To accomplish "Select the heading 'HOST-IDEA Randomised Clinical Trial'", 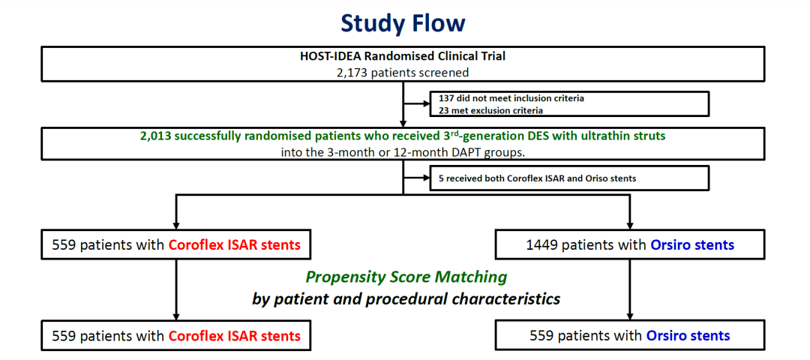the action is (x=403, y=56).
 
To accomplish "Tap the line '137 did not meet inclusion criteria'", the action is (x=511, y=98).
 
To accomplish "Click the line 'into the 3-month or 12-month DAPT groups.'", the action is (x=403, y=153).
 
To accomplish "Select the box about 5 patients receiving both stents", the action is (x=568, y=178).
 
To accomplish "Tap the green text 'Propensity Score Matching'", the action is (x=406, y=277).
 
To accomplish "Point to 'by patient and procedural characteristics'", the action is (x=406, y=299).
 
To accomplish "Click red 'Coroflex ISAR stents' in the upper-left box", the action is (x=235, y=244).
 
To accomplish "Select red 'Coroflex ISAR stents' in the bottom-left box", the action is (x=235, y=336).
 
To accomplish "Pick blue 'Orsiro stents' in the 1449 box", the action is (x=692, y=244).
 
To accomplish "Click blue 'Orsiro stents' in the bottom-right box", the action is (x=688, y=336).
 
